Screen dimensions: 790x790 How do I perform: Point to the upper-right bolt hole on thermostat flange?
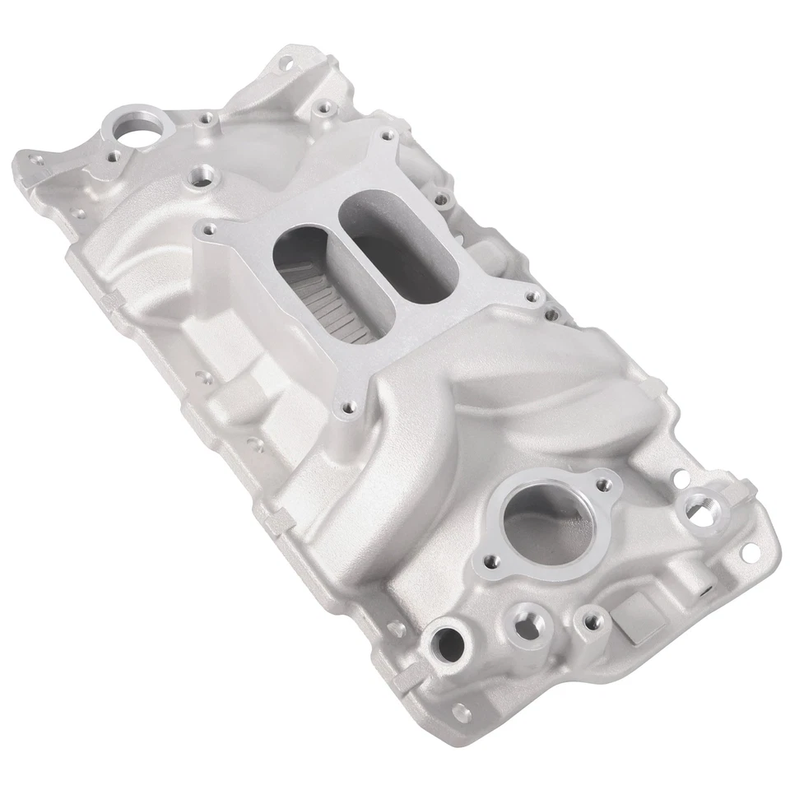605,484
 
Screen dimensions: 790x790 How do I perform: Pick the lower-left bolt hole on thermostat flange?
491,561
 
